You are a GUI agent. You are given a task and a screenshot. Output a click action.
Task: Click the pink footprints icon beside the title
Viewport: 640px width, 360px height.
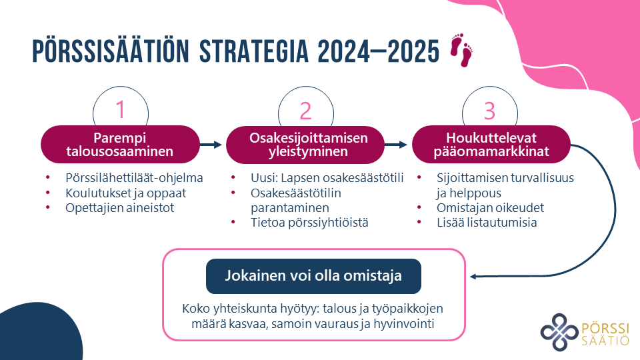coord(461,50)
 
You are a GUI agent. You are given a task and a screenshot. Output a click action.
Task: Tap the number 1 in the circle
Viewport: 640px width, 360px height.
coord(120,109)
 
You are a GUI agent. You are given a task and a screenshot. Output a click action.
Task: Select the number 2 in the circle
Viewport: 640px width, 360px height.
coord(305,110)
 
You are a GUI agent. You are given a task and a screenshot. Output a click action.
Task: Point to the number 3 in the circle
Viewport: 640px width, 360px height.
coord(489,110)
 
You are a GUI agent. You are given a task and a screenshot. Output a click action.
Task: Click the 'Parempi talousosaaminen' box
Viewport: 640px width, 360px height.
coord(120,145)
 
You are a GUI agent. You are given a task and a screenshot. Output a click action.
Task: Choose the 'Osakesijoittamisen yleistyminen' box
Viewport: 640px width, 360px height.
coord(305,145)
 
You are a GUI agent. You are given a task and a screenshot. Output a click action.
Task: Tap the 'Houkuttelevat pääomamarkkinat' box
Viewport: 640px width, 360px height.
coord(491,145)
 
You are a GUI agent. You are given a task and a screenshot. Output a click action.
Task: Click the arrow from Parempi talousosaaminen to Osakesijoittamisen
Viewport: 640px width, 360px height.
coord(211,145)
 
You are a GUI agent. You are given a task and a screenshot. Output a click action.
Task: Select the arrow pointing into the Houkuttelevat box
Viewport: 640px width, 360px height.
coord(396,145)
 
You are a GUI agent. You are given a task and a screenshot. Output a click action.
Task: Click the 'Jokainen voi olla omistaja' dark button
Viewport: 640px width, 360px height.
coord(313,276)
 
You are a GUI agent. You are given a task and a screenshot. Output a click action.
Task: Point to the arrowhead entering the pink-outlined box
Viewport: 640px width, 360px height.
coord(473,276)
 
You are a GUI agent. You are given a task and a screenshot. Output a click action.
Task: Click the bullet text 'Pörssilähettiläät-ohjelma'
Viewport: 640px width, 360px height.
coord(134,178)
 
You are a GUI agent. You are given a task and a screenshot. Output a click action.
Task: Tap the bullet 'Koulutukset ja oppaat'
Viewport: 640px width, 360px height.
coord(126,193)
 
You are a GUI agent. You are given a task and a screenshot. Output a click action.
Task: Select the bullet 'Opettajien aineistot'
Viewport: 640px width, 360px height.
coord(119,208)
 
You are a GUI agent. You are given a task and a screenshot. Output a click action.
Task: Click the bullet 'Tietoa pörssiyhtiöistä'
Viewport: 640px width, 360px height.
coord(309,223)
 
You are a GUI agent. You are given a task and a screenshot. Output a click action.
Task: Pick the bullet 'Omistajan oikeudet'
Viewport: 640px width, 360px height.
coord(490,208)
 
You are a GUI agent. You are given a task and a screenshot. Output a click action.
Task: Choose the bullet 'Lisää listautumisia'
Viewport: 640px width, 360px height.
coord(487,223)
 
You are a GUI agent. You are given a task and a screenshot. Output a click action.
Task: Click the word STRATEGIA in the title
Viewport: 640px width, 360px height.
coord(254,51)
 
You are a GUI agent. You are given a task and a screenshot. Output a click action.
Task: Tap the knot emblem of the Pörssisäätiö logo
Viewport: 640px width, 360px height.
coord(559,332)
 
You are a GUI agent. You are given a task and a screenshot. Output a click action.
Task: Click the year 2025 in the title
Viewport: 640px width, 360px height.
coord(413,52)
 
